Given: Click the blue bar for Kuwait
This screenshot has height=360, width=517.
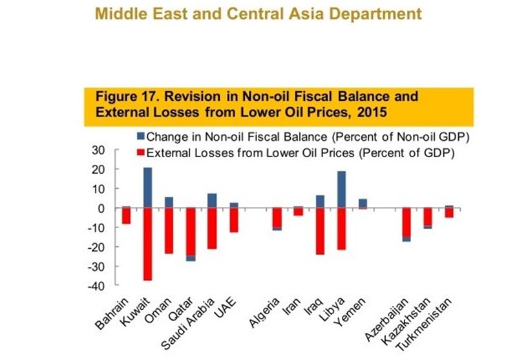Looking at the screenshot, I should pyautogui.click(x=147, y=188).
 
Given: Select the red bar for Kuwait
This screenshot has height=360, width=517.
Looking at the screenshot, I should pyautogui.click(x=147, y=244).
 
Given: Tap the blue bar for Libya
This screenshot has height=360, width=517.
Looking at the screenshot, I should pyautogui.click(x=342, y=190).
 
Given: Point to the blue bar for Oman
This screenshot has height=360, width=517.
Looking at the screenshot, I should pyautogui.click(x=169, y=203).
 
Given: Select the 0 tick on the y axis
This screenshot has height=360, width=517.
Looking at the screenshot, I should pyautogui.click(x=101, y=208).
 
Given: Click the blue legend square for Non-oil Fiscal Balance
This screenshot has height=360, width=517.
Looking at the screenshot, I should pyautogui.click(x=140, y=137).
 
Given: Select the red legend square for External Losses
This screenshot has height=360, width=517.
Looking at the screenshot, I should pyautogui.click(x=140, y=153).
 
